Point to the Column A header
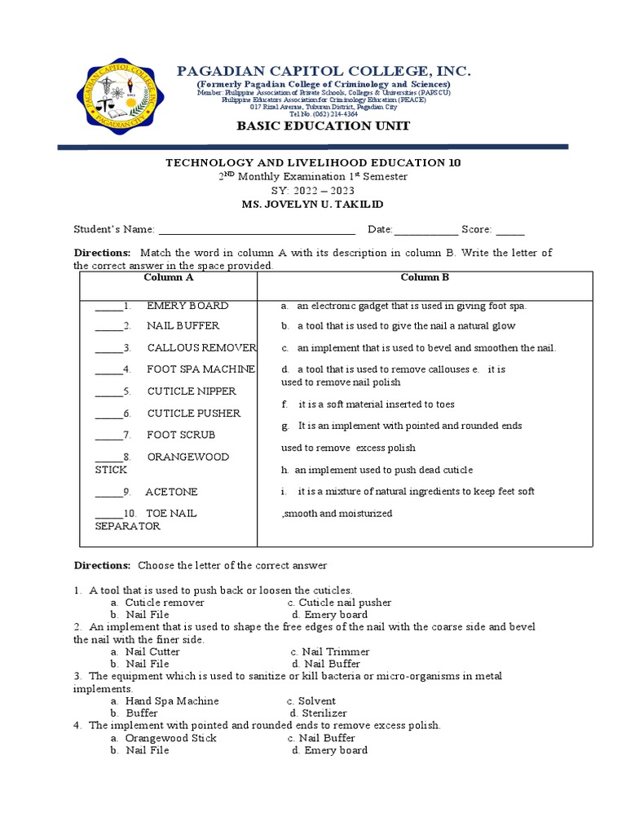tap(169, 277)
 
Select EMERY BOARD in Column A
tap(187, 306)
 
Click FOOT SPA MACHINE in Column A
tap(201, 369)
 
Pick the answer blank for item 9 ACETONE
tap(108, 493)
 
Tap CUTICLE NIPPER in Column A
tap(192, 391)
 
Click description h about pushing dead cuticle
tap(377, 471)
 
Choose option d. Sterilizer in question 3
tap(313, 714)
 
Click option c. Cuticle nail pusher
tap(328, 603)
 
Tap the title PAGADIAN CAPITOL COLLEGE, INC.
tap(324, 72)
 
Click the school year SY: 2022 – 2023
tap(313, 190)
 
